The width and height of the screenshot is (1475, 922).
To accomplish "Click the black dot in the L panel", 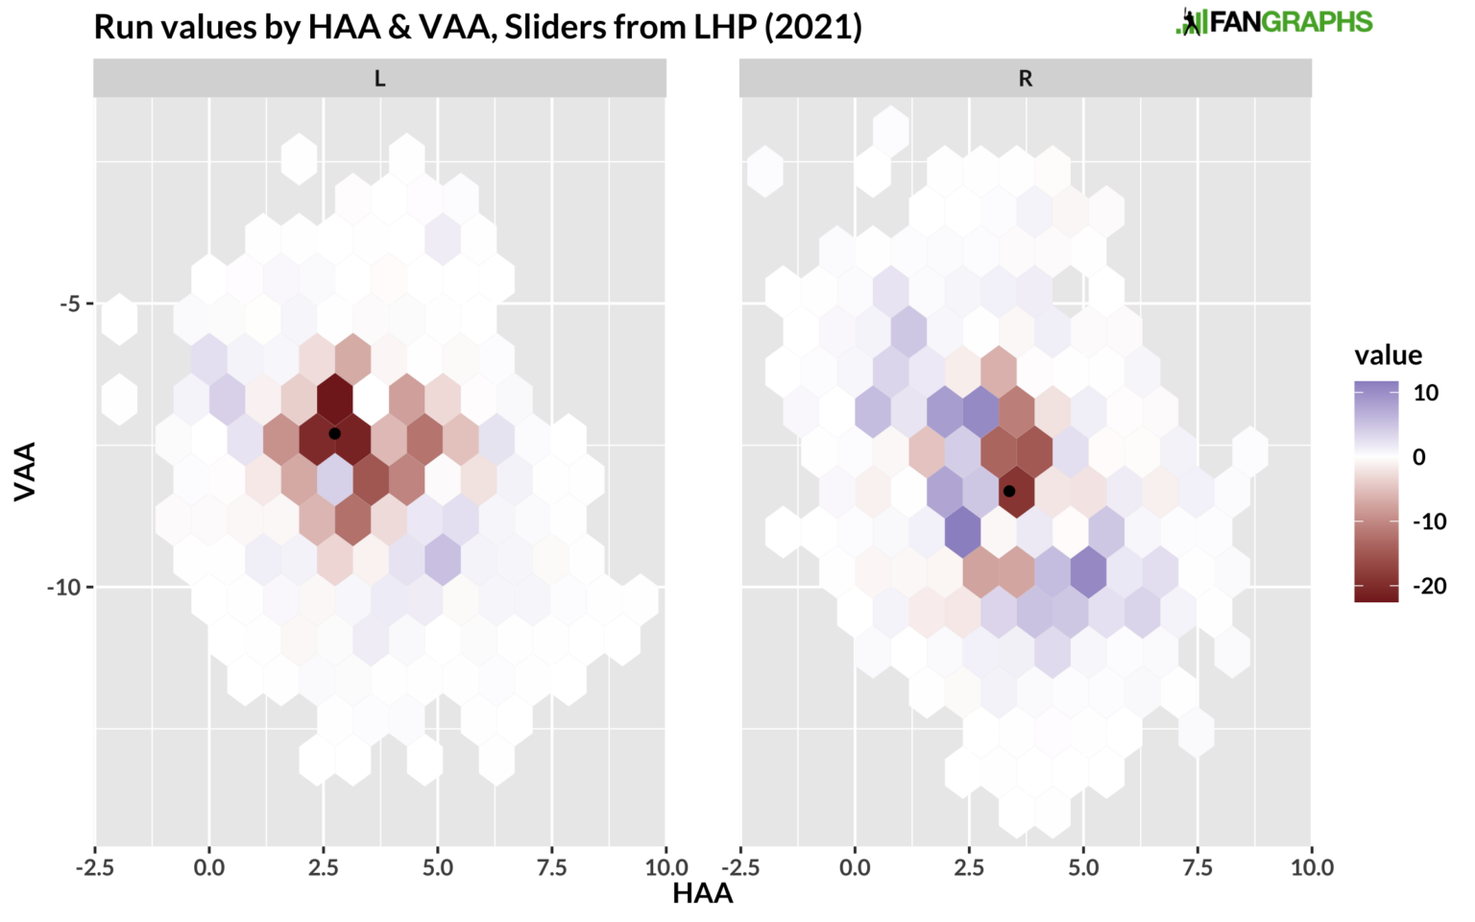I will (334, 433).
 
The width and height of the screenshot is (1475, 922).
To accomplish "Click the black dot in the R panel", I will (1009, 491).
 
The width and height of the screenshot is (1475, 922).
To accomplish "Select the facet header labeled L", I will (379, 79).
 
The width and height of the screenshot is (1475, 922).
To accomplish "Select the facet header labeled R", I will (1025, 79).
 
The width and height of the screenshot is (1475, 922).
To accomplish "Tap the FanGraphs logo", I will (1274, 22).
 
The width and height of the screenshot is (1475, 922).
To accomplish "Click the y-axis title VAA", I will (25, 471).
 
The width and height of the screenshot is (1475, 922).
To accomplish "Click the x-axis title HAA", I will (702, 894).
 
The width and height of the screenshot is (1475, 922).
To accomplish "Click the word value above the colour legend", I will (1388, 355).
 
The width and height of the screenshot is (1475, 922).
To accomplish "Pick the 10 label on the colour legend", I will (1426, 392).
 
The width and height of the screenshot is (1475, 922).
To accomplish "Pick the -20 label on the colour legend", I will (1430, 586).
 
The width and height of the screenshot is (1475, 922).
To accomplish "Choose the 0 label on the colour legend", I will (1419, 457).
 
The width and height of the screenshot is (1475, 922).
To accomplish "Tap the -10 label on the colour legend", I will (1430, 522).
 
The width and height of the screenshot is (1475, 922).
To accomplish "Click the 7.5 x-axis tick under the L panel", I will (551, 868).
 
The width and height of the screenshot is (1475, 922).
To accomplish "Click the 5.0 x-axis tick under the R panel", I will (1083, 868).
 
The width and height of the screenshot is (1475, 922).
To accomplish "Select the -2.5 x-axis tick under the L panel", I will (94, 868).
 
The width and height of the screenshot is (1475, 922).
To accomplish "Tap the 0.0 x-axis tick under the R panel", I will (855, 868).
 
